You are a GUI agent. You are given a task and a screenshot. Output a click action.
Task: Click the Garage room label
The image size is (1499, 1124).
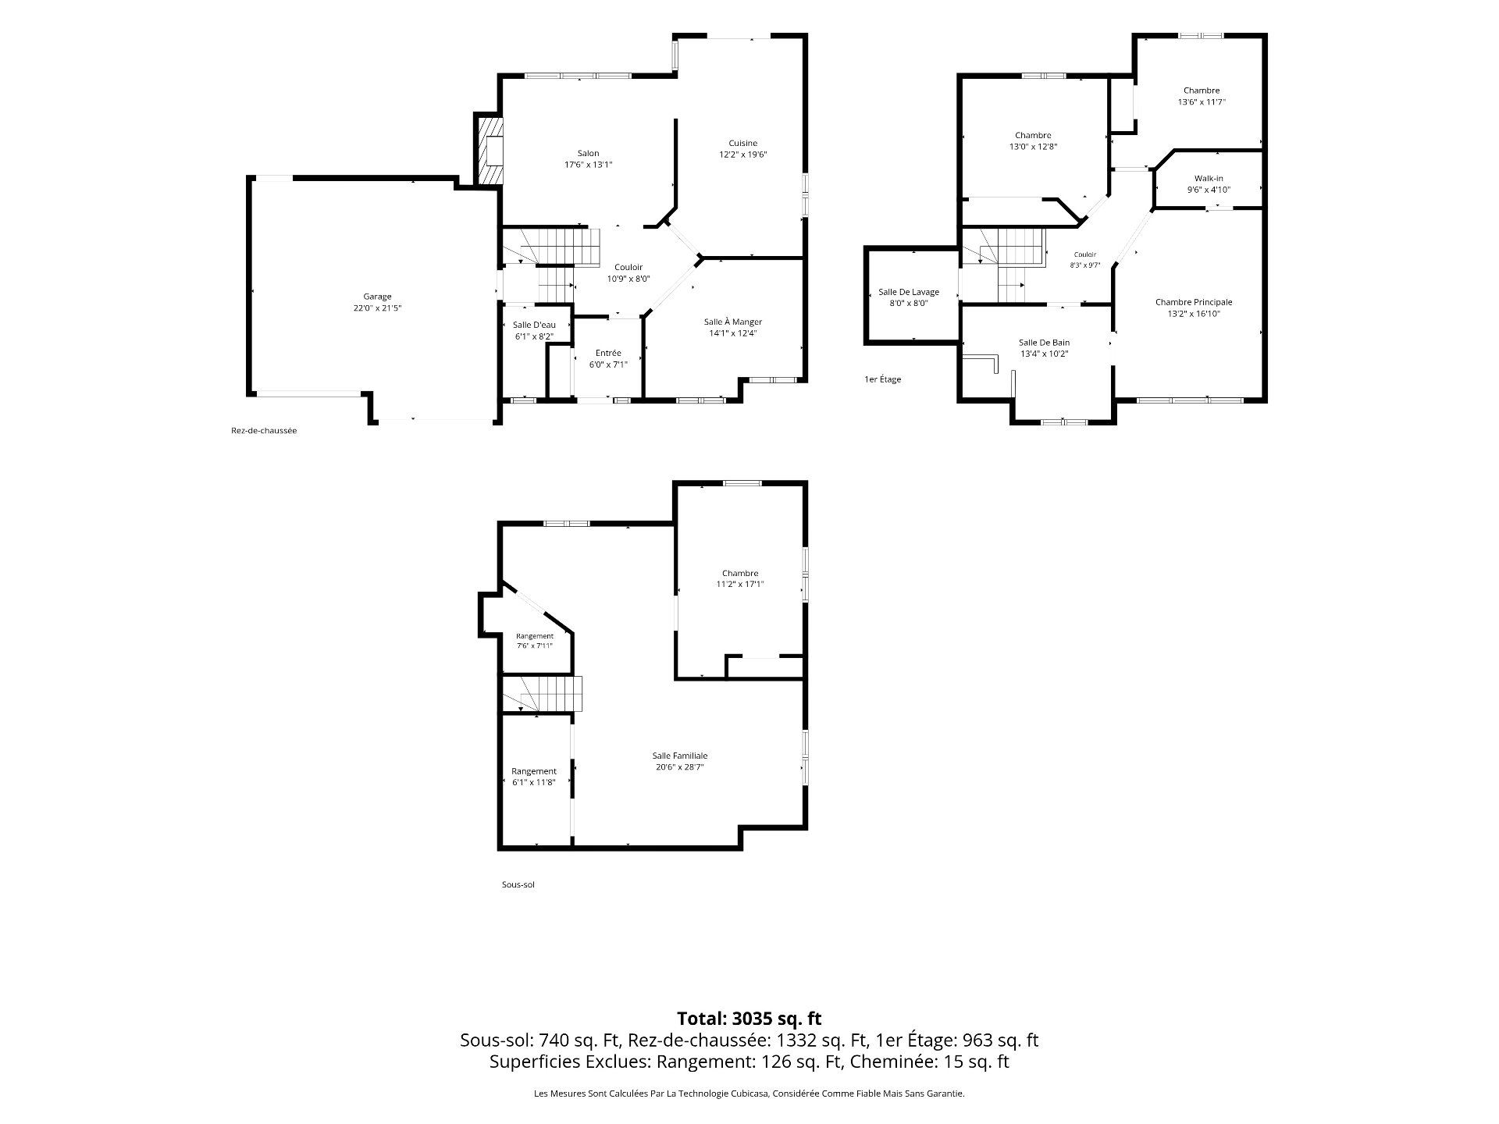coord(377,297)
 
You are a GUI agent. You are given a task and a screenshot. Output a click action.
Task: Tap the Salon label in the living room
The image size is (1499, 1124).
coord(588,153)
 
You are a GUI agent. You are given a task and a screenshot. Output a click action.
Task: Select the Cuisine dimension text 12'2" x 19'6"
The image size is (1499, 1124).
coord(743,155)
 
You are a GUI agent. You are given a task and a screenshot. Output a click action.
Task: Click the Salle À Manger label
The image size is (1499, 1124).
coord(732,322)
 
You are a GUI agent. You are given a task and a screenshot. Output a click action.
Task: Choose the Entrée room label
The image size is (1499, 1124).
coord(608,353)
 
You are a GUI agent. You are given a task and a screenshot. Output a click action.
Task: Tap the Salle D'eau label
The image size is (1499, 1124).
coord(534,325)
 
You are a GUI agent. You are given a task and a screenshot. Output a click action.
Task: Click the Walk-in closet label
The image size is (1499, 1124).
coord(1209,179)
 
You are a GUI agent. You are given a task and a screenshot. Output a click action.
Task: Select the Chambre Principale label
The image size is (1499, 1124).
coord(1194,302)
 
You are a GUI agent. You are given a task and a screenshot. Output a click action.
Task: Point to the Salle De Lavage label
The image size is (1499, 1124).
coord(909,292)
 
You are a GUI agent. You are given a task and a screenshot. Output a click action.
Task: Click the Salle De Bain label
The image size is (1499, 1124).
coord(1044,343)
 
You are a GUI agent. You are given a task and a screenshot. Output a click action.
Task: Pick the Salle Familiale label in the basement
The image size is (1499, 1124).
coord(680,756)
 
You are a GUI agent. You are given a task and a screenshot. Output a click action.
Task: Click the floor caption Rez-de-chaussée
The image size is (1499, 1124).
coord(264,431)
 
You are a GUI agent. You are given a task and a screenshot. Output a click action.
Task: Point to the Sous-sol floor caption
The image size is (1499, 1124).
coord(518,885)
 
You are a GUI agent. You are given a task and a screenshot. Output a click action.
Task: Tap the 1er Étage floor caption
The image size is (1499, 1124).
coord(883,379)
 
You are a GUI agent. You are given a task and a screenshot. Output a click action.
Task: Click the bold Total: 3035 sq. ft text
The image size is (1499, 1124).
coord(749,1019)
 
